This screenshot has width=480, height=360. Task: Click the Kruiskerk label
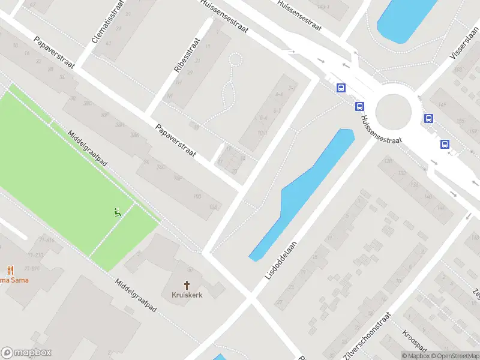click(187, 296)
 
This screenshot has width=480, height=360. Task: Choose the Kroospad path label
click(414, 343)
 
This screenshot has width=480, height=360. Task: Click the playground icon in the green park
click(117, 211)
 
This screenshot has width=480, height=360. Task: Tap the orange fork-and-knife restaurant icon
click(10, 269)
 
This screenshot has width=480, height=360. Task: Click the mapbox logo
click(26, 353)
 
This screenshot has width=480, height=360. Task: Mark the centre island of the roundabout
click(394, 111)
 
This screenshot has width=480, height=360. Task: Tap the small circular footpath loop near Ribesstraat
click(236, 59)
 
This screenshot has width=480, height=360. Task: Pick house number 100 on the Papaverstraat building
click(197, 197)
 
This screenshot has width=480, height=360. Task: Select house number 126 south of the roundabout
click(388, 161)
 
